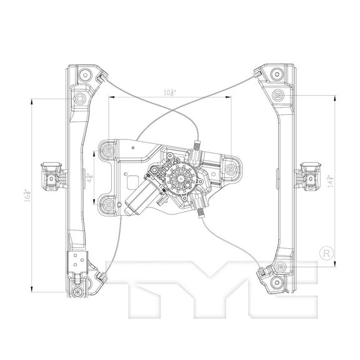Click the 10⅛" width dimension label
coord(169,92)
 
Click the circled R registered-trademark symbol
coord(325,254)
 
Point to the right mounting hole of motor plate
coord(232,168)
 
